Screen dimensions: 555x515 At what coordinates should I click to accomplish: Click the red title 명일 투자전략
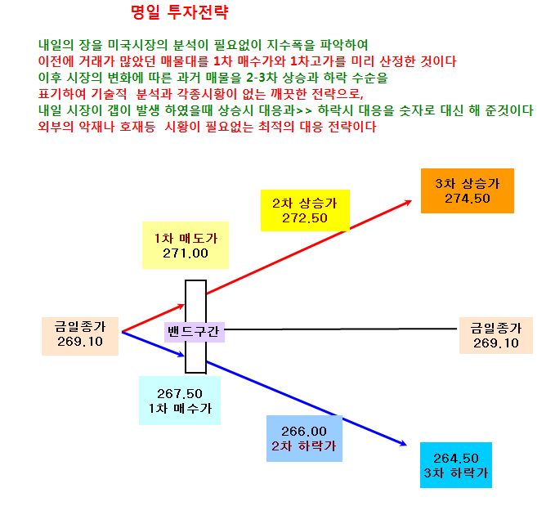[180, 12]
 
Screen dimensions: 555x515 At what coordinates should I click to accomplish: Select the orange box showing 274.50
[468, 190]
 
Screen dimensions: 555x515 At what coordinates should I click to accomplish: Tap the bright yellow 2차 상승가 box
[305, 211]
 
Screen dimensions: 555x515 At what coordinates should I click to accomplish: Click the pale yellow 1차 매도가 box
[186, 245]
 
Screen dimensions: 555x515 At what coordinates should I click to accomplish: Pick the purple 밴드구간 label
[195, 332]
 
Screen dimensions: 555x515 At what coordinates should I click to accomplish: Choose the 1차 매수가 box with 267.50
[180, 401]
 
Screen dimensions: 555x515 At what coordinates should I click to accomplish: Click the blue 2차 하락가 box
[304, 438]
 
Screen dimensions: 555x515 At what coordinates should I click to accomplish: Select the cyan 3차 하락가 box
[456, 465]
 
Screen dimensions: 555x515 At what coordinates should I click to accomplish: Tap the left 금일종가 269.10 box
[80, 336]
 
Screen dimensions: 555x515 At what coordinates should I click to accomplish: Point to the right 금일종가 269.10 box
[496, 335]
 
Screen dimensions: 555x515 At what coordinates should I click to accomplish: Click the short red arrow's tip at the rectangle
[185, 304]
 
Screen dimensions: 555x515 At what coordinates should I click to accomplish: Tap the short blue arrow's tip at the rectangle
[185, 356]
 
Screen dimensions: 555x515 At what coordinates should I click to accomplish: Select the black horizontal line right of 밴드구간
[341, 329]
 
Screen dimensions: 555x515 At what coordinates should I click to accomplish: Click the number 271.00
[186, 253]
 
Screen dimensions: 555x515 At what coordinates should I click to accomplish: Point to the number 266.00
[304, 432]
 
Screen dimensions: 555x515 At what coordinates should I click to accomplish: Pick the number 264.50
[456, 459]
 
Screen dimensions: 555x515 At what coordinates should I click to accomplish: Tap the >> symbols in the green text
[304, 111]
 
